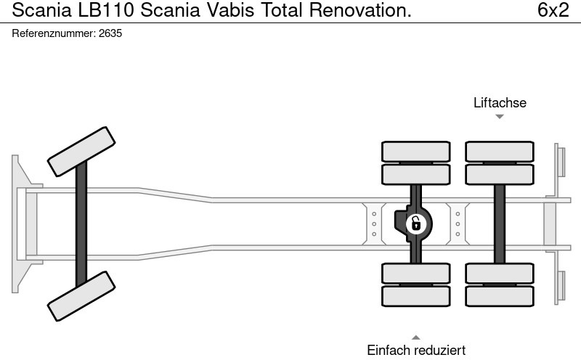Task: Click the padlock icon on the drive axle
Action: (x=415, y=224)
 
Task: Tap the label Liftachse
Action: (x=500, y=103)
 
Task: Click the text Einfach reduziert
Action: (x=416, y=351)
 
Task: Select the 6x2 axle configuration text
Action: (x=553, y=11)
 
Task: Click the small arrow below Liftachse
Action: (x=500, y=117)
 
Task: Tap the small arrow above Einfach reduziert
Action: (x=416, y=337)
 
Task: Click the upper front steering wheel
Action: (x=81, y=151)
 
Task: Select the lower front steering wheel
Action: (x=81, y=295)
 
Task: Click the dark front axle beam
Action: (x=81, y=224)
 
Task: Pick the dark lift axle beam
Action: (x=500, y=224)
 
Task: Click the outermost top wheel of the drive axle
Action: (x=415, y=151)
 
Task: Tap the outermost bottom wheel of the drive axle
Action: (x=415, y=296)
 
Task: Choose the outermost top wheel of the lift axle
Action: (x=500, y=151)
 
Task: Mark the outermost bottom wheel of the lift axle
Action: (x=500, y=296)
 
